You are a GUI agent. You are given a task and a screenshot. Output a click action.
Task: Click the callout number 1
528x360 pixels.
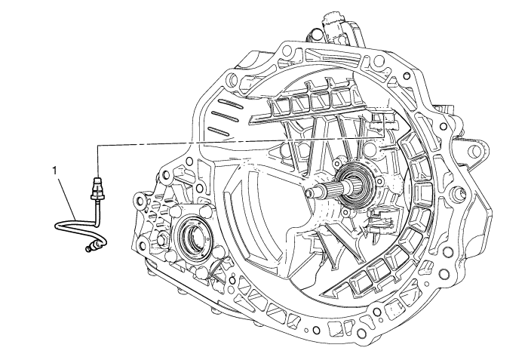(55, 171)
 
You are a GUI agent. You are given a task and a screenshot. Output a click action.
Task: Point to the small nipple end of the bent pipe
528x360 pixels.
(90, 249)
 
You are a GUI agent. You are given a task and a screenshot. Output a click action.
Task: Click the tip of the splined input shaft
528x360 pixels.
(309, 192)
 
